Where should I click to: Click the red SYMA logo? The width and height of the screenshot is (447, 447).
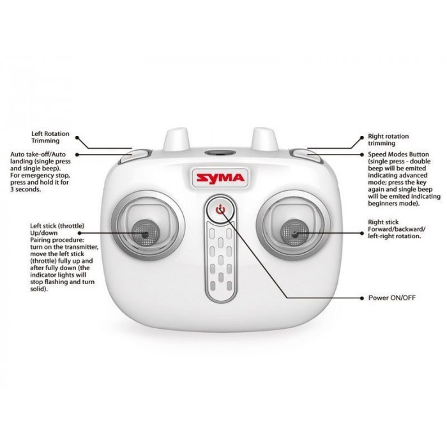pyautogui.click(x=220, y=178)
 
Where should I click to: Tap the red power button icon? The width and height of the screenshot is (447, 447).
pyautogui.click(x=220, y=210)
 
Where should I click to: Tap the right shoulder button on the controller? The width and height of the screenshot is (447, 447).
pyautogui.click(x=306, y=156)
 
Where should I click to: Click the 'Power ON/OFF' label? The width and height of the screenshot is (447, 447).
pyautogui.click(x=392, y=298)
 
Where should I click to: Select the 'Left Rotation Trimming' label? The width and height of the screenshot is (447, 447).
pyautogui.click(x=50, y=137)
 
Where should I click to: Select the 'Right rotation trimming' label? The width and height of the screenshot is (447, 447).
pyautogui.click(x=388, y=140)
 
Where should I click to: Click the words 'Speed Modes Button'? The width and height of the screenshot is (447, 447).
pyautogui.click(x=398, y=155)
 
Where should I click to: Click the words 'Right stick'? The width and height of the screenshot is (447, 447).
pyautogui.click(x=383, y=222)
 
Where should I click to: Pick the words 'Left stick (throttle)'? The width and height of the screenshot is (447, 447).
pyautogui.click(x=57, y=226)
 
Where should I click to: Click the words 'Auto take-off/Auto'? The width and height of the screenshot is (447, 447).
pyautogui.click(x=38, y=155)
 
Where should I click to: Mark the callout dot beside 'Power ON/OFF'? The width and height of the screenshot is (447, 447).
pyautogui.click(x=362, y=298)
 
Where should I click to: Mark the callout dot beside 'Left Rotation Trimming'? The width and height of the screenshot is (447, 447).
pyautogui.click(x=77, y=137)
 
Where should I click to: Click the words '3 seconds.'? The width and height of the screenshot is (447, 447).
pyautogui.click(x=26, y=190)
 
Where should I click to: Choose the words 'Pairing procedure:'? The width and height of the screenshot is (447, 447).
pyautogui.click(x=57, y=240)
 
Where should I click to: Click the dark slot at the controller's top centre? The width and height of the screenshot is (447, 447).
pyautogui.click(x=220, y=153)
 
